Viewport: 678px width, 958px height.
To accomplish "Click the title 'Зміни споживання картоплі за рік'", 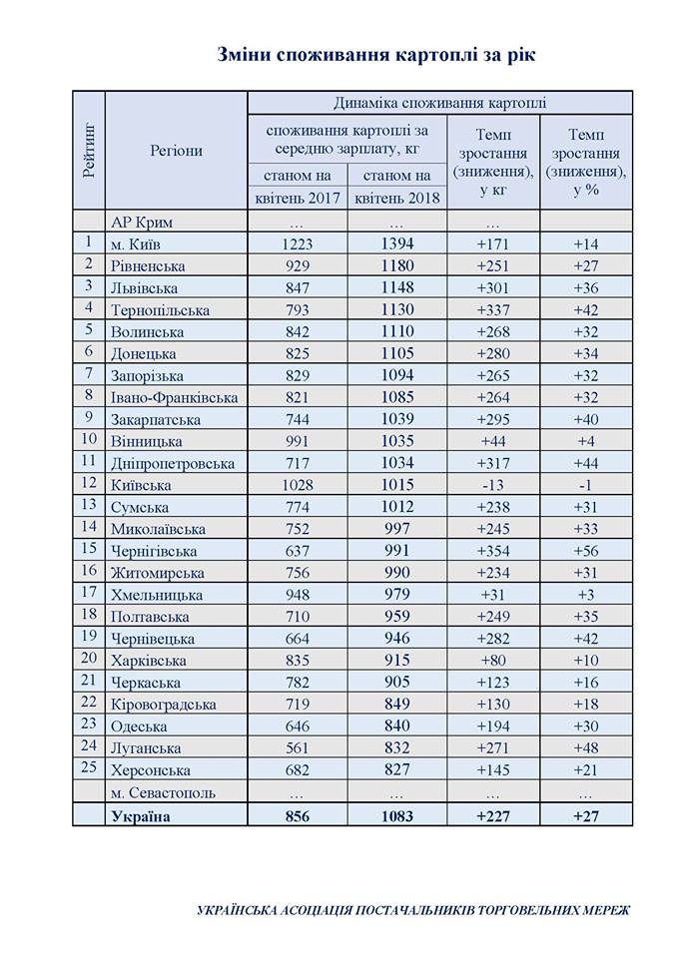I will (375, 56).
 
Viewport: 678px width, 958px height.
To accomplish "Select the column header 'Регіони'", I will (176, 151).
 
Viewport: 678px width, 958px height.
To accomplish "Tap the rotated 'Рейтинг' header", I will (89, 150).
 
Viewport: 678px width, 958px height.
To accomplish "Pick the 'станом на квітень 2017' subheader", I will (297, 187).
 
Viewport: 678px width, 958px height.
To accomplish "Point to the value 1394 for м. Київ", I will (397, 244).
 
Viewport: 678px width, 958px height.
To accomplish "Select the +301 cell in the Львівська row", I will (493, 288).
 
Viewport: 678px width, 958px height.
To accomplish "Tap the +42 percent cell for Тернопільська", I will (585, 310).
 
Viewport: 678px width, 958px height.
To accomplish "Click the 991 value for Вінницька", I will (297, 441).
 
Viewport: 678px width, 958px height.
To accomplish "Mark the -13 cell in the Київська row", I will (493, 485).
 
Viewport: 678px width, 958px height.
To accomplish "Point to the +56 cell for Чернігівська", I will (585, 551).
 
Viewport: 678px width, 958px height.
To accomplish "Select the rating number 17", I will (88, 594).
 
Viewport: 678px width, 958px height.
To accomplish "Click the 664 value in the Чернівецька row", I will (297, 639).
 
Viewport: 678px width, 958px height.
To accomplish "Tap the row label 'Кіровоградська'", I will (164, 705).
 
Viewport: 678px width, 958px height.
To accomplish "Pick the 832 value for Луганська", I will (397, 748).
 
